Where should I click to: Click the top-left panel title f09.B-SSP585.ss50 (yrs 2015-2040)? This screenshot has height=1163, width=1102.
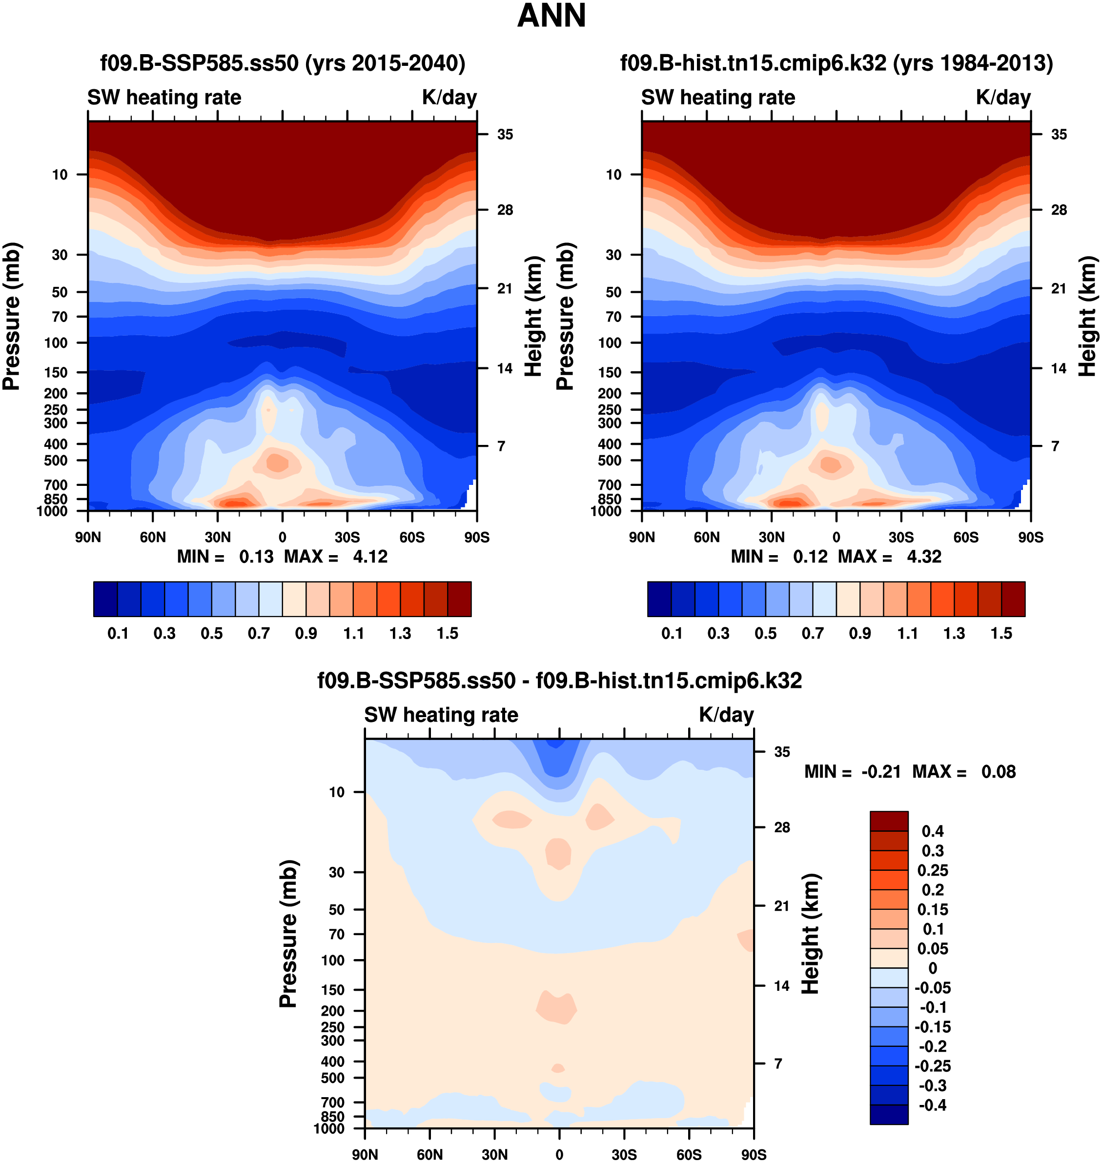click(x=283, y=63)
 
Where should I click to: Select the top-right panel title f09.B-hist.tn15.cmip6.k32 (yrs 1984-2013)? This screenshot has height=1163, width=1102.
click(x=837, y=63)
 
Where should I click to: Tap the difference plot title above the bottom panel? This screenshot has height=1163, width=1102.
click(x=559, y=681)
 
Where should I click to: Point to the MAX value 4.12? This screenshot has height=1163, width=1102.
click(x=370, y=557)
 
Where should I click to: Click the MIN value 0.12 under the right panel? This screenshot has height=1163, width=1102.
click(x=810, y=557)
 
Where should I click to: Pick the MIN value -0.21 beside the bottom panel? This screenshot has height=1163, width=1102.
click(x=881, y=771)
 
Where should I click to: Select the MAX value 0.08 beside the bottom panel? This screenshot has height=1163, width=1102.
click(x=999, y=771)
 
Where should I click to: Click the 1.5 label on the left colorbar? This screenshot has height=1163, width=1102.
click(x=448, y=634)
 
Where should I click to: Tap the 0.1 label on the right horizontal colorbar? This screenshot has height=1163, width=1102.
click(x=672, y=634)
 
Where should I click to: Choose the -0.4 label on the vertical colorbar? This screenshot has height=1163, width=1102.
click(x=933, y=1105)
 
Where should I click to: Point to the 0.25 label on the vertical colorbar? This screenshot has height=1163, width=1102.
click(x=933, y=870)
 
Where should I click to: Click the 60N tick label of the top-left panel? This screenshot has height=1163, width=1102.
click(x=153, y=537)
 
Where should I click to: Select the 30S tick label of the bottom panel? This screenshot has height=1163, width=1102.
click(x=624, y=1155)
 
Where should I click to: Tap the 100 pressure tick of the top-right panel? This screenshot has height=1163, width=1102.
click(x=610, y=343)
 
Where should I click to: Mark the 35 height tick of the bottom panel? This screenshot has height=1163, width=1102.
click(x=782, y=752)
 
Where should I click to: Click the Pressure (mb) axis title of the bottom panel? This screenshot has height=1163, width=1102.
click(x=288, y=933)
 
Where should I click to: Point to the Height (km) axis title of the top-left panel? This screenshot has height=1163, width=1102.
click(x=533, y=317)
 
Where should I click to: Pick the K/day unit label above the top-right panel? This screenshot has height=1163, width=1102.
click(x=1003, y=98)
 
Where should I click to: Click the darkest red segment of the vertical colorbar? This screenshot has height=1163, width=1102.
click(x=889, y=821)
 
